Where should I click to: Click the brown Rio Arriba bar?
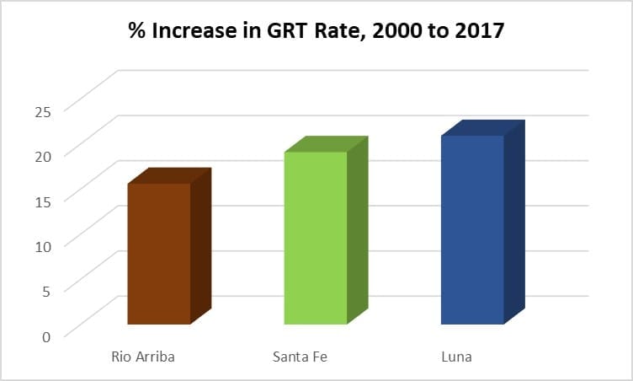click(x=159, y=253)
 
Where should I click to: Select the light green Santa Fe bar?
click(x=316, y=238)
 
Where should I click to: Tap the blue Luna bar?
click(x=472, y=229)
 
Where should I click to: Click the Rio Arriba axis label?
click(x=143, y=357)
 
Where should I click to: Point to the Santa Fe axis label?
click(x=300, y=357)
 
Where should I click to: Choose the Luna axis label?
click(x=456, y=357)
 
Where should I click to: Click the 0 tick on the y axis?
click(x=45, y=335)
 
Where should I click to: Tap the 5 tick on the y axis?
click(x=45, y=290)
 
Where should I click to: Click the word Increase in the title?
click(x=190, y=32)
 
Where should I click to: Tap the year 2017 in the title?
click(x=477, y=32)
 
